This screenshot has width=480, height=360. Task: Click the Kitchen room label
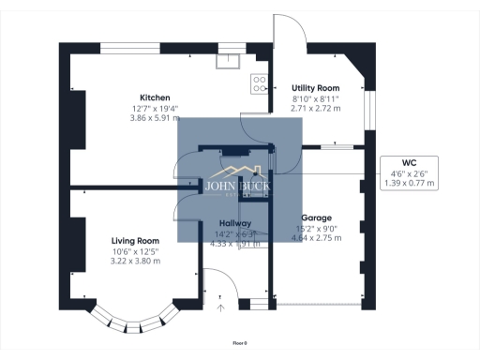[x=155, y=97]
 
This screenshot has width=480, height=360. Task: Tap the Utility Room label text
[x=314, y=87]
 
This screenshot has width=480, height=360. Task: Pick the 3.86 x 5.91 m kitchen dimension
[x=155, y=118]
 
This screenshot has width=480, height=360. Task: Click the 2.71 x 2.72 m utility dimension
[x=315, y=109]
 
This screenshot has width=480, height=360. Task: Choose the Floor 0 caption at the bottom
[x=241, y=344]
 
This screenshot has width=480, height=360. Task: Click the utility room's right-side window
[x=368, y=110]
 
